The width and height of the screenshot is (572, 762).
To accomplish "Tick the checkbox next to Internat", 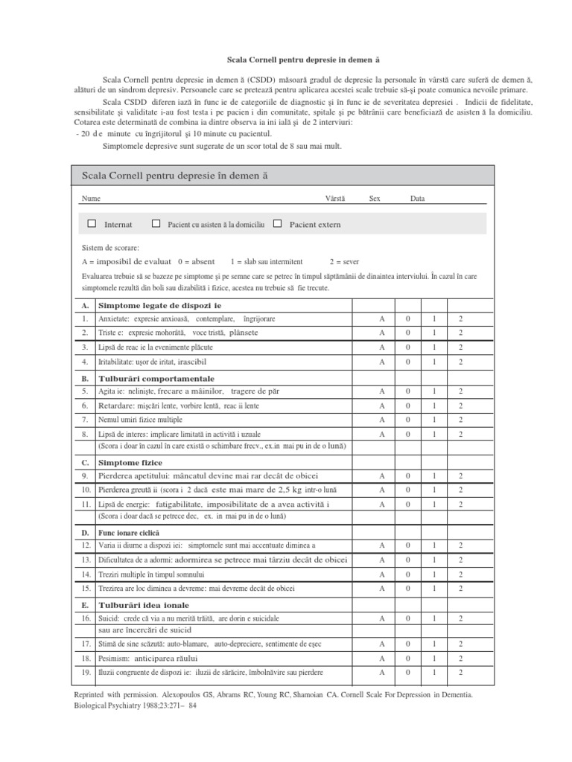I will click(92, 223).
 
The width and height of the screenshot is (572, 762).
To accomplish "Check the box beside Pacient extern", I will click(277, 223).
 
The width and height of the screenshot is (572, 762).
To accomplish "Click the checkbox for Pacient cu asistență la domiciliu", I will click(156, 223).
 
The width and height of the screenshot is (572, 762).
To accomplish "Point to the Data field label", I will click(417, 199).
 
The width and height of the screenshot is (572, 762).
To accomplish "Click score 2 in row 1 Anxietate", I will click(460, 318).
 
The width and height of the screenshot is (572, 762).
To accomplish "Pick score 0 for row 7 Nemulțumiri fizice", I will click(407, 420).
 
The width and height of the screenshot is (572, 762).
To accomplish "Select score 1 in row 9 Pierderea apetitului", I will click(433, 476).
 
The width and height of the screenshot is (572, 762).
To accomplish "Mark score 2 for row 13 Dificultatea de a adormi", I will click(460, 560).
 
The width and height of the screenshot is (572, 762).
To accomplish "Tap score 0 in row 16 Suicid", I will click(407, 618).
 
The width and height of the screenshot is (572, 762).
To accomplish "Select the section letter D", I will click(85, 533).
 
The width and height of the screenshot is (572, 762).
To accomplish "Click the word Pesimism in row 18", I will click(114, 659).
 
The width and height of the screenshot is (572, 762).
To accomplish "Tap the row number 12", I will click(86, 545).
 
